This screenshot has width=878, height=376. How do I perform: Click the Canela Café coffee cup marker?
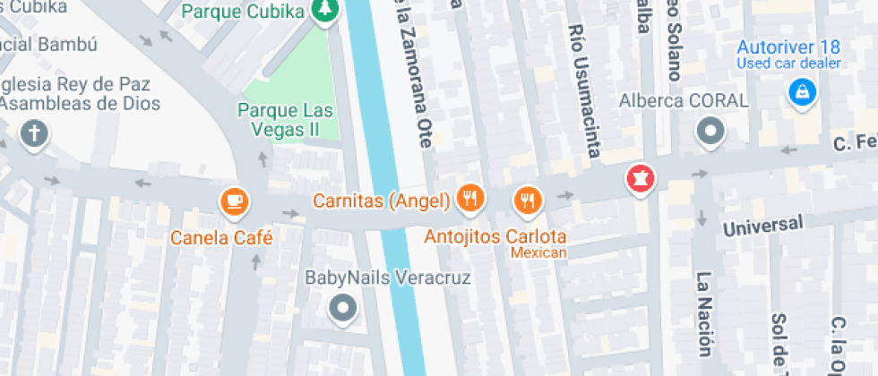(235, 201)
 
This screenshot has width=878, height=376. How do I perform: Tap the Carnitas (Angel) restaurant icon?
(469, 198)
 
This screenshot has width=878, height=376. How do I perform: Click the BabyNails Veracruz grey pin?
(343, 310)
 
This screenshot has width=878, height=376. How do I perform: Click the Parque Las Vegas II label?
(285, 121)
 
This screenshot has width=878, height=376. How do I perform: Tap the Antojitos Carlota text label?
(495, 237)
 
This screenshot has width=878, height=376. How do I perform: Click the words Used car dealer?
(788, 63)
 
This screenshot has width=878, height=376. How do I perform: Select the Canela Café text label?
(222, 237)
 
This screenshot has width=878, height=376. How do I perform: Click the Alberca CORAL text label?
(684, 100)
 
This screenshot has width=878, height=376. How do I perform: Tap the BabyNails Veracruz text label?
(388, 278)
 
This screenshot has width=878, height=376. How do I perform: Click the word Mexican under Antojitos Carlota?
(539, 253)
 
